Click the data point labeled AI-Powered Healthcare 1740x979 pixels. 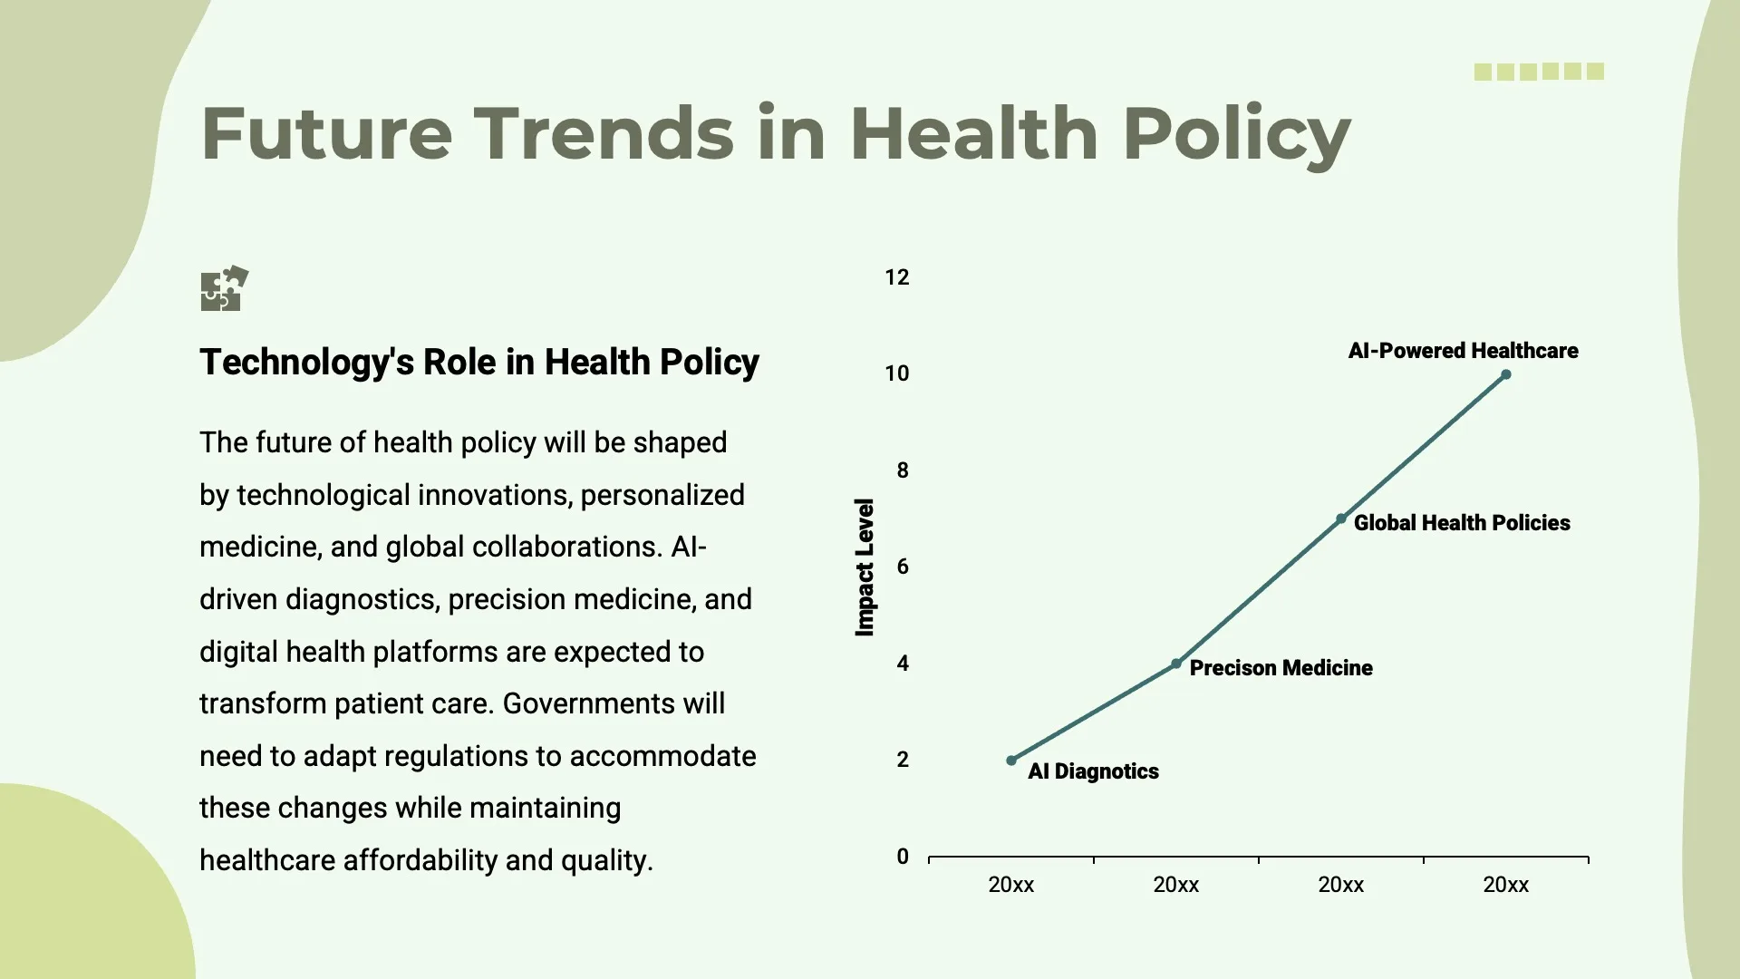1505,374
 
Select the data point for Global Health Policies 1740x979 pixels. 1341,519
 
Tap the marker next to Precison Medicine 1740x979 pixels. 1176,664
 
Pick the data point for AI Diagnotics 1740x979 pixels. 1011,761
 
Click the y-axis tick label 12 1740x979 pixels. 896,277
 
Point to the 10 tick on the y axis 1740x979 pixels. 896,373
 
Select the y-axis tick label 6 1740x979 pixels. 902,567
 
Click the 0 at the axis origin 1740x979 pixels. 902,857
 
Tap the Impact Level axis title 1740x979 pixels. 865,567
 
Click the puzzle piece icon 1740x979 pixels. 223,289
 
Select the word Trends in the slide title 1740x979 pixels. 604,134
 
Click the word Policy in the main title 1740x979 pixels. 1236,134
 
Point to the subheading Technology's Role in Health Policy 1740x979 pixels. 478,362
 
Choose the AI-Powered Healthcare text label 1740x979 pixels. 1463,351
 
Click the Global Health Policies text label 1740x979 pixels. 1461,523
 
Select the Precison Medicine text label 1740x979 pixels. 1280,668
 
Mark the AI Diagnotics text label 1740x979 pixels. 1093,771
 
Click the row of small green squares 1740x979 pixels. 1539,72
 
